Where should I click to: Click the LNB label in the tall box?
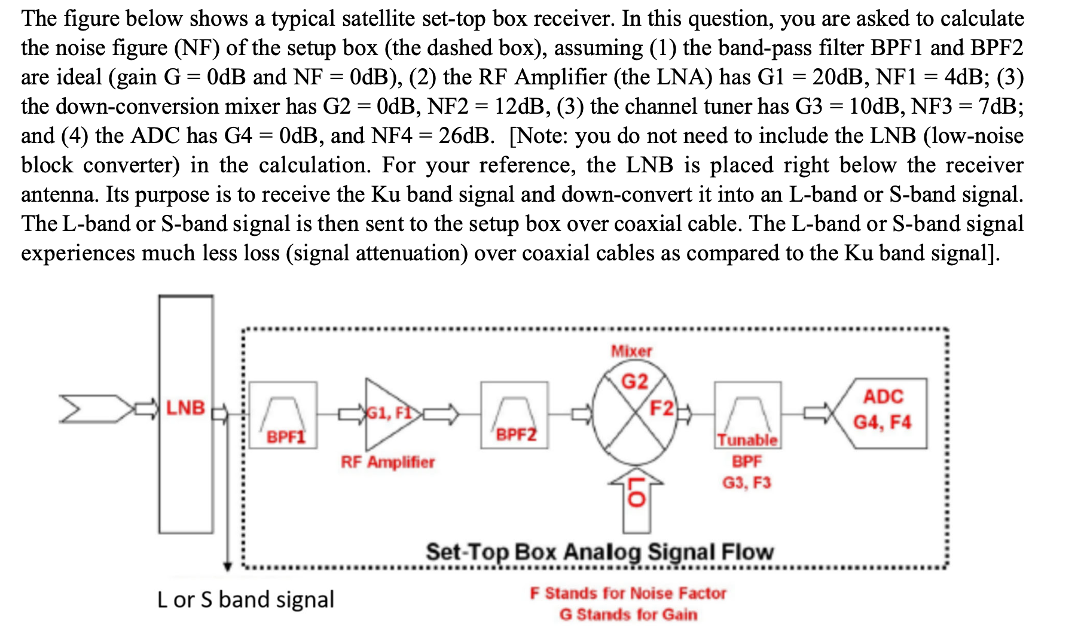(x=185, y=408)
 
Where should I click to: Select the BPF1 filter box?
(x=283, y=415)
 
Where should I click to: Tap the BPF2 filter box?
(x=514, y=415)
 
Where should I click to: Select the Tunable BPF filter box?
(x=747, y=414)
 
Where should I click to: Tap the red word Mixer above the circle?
(x=631, y=351)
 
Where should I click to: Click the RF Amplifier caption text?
(x=387, y=462)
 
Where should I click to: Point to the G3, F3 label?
(x=747, y=483)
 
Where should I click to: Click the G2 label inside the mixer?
(x=634, y=381)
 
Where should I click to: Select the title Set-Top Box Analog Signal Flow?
(x=599, y=552)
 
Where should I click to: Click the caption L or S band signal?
(x=245, y=600)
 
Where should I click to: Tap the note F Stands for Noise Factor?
(x=628, y=593)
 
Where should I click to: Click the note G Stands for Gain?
(x=628, y=615)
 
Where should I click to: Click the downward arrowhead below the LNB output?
(x=227, y=566)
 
